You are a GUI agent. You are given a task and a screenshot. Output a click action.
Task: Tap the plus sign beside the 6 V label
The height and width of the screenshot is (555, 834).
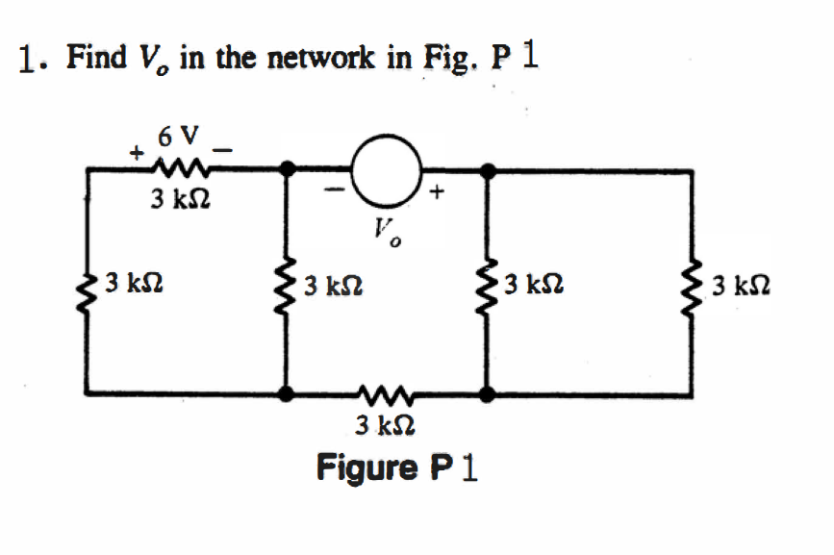138,152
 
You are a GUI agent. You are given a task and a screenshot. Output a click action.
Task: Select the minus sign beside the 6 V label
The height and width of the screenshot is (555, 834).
223,149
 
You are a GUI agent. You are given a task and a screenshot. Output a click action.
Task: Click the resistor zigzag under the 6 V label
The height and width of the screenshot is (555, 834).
178,170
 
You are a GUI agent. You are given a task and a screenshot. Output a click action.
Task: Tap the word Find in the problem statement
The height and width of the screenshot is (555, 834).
95,59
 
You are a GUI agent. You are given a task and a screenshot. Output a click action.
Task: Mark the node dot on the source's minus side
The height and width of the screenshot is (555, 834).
287,170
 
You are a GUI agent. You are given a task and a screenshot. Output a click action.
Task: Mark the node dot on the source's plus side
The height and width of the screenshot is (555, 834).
489,170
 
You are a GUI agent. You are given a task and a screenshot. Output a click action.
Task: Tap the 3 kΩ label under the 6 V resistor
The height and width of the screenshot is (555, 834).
181,202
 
